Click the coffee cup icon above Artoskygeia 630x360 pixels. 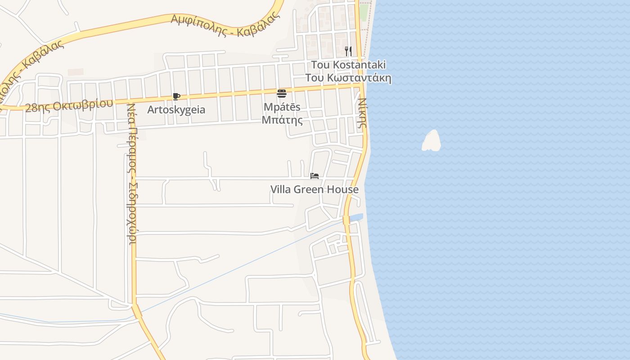pos(176,96)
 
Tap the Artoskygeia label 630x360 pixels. pos(176,110)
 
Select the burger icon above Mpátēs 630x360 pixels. pos(282,94)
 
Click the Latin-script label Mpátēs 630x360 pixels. pos(282,108)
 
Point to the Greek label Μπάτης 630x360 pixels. pos(282,120)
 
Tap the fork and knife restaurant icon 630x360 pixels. pos(348,51)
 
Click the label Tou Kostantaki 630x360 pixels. pos(348,65)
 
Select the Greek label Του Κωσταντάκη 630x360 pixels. pos(348,78)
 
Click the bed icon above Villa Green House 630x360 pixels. pos(315,176)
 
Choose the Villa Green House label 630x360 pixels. pos(314,189)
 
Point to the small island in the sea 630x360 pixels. pos(432,141)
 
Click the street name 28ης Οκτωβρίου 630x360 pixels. pos(69,106)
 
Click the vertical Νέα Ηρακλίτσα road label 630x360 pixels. pos(132,180)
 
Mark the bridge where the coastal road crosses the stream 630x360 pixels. pos(346,220)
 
